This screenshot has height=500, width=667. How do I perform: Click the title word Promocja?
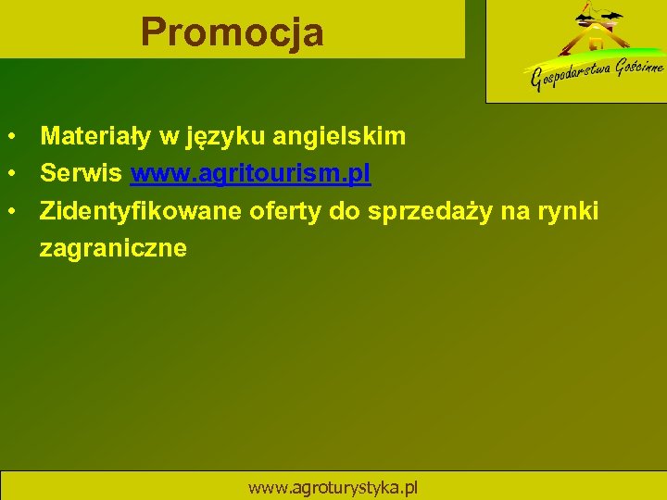tap(233, 32)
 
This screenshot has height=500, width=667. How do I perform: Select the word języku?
tap(225, 138)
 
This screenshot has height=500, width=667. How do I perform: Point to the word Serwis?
tap(82, 174)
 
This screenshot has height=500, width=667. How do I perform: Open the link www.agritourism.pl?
tap(251, 174)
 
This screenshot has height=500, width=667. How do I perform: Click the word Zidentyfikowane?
tap(141, 211)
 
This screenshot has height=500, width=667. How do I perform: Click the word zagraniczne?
tap(113, 248)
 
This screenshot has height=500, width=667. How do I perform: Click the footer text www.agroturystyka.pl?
tap(333, 487)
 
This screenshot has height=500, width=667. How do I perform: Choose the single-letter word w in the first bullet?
tap(169, 138)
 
